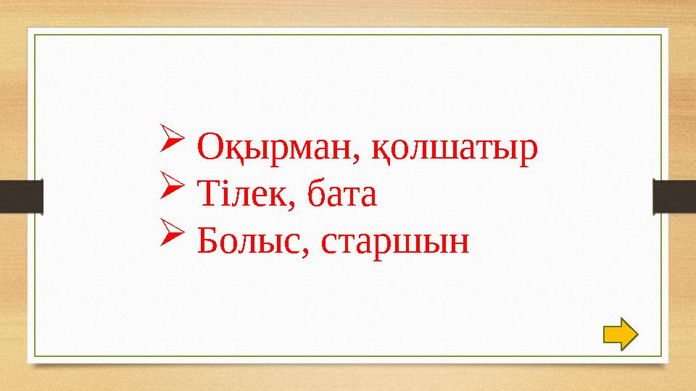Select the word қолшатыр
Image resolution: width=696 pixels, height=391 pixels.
(x=455, y=150)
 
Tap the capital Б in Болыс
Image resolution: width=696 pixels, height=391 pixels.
(x=207, y=240)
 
